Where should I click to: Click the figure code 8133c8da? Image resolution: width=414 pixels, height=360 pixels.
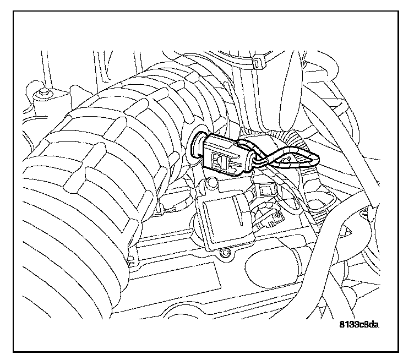[359, 324]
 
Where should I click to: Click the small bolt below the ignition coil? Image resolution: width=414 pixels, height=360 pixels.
[225, 254]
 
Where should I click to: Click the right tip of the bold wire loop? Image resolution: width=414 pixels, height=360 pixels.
[316, 160]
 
